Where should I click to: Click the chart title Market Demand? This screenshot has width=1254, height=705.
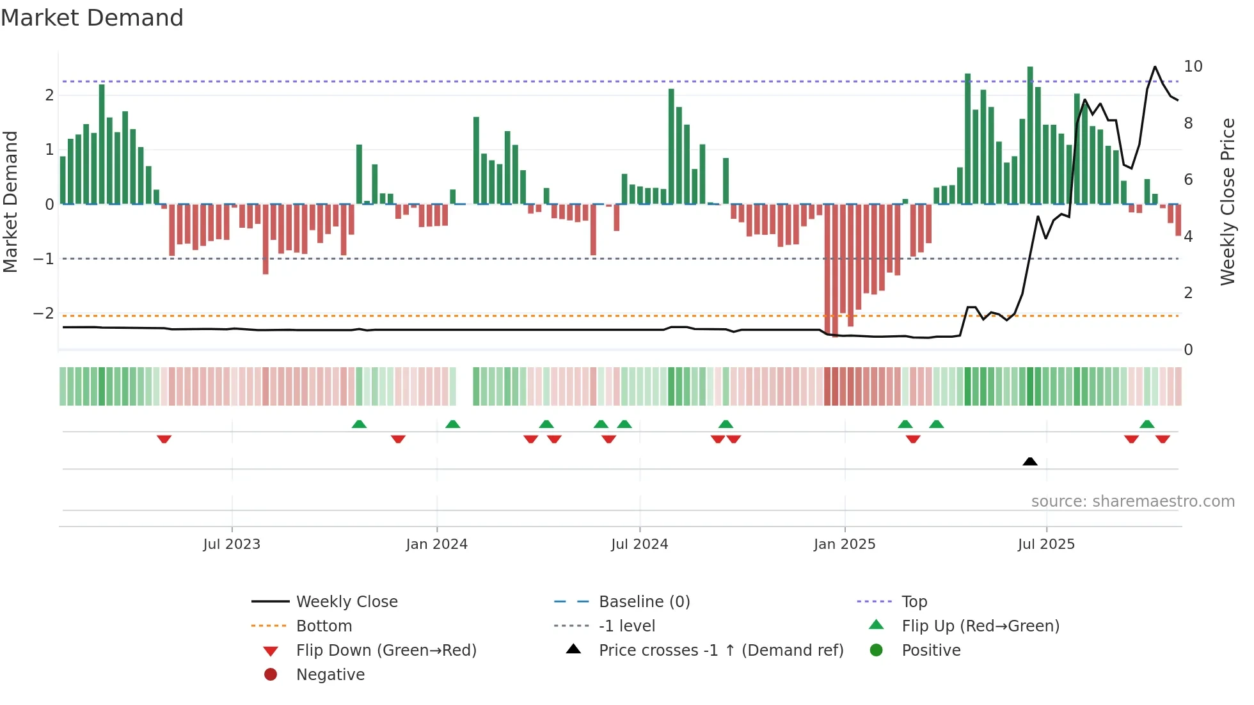[x=92, y=18]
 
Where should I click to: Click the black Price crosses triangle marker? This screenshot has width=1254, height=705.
[x=1030, y=461]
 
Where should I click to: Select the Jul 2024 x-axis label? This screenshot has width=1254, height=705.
[x=639, y=544]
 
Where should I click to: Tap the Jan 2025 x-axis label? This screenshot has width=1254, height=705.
[x=845, y=544]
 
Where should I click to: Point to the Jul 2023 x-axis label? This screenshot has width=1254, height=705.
[x=232, y=544]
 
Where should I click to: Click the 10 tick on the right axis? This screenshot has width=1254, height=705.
[x=1193, y=67]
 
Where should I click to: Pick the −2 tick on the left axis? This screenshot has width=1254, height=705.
[x=44, y=313]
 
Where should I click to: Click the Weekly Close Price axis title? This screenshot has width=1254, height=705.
[x=1227, y=202]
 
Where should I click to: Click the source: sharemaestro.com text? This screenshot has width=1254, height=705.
[x=1132, y=502]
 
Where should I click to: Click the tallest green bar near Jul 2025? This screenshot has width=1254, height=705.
[x=1030, y=134]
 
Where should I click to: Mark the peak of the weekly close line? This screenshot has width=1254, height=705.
[x=1155, y=67]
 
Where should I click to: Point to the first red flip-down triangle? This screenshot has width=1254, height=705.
[x=164, y=439]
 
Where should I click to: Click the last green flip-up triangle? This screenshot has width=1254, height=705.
[x=1147, y=424]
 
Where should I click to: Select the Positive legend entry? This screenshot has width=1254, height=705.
[x=931, y=651]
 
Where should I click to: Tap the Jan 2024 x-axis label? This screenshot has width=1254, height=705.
[x=436, y=544]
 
